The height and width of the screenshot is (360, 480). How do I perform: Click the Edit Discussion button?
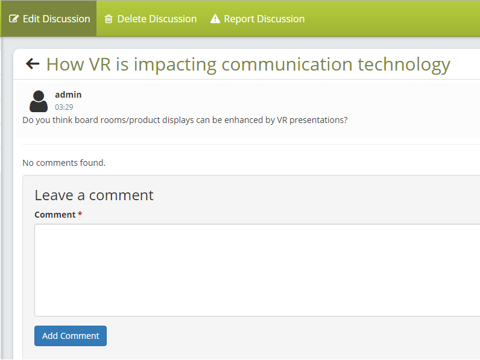pos(48,19)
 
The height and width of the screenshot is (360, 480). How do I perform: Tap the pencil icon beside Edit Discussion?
pos(14,19)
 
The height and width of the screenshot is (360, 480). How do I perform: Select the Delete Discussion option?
pos(151,19)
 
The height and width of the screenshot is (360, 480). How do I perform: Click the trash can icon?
pos(109,19)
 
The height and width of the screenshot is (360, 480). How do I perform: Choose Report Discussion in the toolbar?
pos(257,19)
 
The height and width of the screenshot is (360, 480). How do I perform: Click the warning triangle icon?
pos(215,19)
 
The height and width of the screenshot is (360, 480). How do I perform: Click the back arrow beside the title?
pos(33,64)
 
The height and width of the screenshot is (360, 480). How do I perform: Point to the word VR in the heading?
pos(99,65)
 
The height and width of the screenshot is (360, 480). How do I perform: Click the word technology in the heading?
pos(404,65)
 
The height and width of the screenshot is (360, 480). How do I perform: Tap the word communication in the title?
pos(287,65)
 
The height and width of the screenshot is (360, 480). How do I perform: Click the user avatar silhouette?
pos(39,101)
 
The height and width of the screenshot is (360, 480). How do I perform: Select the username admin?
pos(68,95)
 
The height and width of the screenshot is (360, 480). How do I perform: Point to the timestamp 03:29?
pos(64,107)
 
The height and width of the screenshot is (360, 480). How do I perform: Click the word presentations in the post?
pos(318,120)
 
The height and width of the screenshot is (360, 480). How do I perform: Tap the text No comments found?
pos(64,163)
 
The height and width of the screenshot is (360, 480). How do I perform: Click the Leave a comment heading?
pos(94,195)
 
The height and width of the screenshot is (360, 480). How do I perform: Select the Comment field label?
pos(55,215)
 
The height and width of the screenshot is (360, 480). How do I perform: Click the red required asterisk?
pos(80,213)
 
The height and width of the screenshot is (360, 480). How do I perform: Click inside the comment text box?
pos(257,270)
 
